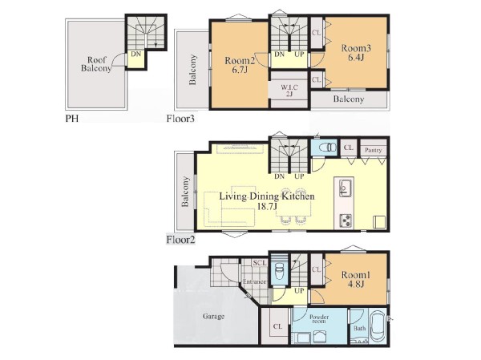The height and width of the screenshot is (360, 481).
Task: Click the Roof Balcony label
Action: pos(96,64)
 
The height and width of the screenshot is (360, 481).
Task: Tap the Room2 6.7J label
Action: pos(240,65)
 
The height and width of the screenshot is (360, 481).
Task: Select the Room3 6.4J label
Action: pos(356,52)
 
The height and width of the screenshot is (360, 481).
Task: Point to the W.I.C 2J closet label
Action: pos(289,91)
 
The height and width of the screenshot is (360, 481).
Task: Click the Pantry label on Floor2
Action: pos(374,150)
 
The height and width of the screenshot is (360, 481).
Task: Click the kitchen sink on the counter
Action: pos(345,187)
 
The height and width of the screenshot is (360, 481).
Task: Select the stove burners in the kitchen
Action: pos(346,220)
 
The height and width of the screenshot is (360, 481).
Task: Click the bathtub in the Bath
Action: pos(378,329)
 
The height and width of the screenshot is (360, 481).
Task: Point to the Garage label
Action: pos(213,316)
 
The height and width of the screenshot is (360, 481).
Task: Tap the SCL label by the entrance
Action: pos(260,263)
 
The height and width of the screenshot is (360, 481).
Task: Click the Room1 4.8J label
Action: pos(356,279)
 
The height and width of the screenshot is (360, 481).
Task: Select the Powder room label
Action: pos(319,319)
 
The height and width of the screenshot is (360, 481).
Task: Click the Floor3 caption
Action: pos(180,119)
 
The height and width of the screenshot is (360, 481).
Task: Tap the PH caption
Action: pos(72,119)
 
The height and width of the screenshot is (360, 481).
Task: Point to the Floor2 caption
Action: pos(180,240)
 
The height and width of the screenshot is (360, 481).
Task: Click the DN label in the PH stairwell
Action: pos(136,54)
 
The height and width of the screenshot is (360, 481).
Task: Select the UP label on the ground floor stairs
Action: pos(299,290)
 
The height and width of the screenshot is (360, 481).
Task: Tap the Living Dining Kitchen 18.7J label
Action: pos(267,201)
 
